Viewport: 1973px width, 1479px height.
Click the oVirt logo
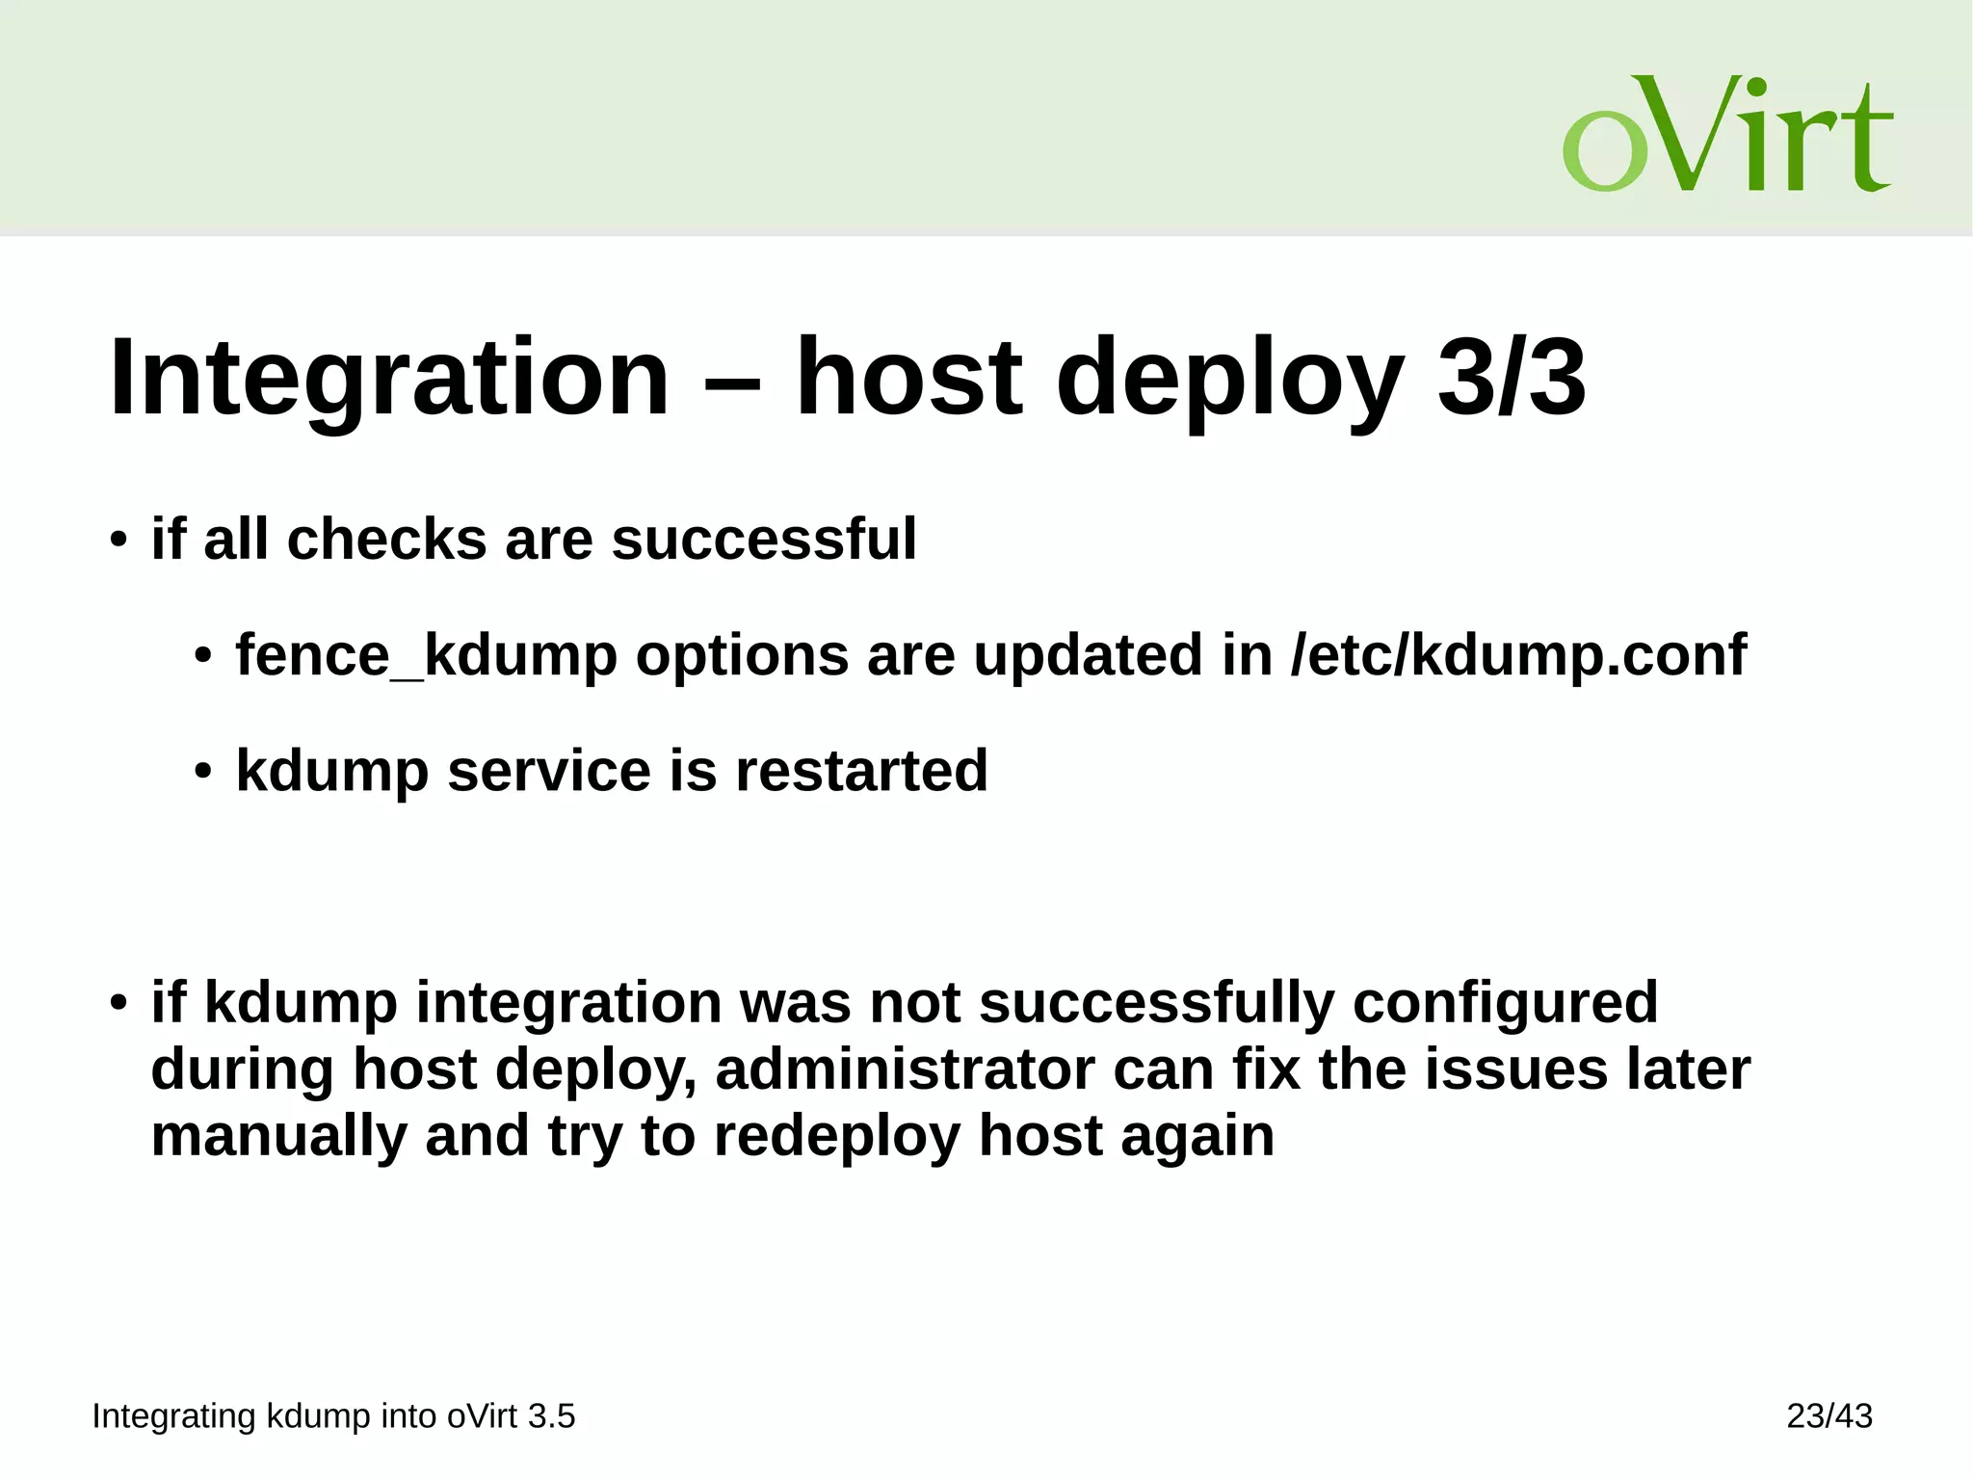[1726, 134]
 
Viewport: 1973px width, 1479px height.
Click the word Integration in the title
[389, 378]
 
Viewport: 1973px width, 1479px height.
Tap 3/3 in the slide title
[1511, 378]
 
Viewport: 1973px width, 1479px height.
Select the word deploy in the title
[1229, 378]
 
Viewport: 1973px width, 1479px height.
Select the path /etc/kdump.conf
[1518, 655]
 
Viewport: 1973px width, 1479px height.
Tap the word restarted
[861, 771]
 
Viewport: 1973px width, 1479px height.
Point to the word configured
[1505, 1002]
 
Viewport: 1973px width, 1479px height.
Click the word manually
[279, 1136]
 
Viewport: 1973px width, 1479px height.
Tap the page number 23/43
[1828, 1415]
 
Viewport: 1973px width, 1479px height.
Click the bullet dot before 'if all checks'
[118, 540]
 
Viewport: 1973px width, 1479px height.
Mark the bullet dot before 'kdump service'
[202, 773]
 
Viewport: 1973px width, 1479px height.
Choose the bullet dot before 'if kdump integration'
[118, 1003]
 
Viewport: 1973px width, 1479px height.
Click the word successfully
[1156, 1002]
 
